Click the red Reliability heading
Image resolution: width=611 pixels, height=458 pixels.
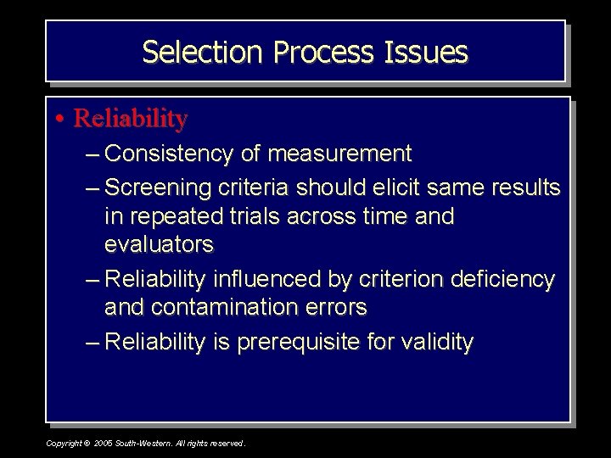click(130, 119)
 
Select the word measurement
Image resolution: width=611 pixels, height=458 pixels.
click(339, 154)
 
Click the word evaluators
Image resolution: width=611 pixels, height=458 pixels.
click(159, 245)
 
